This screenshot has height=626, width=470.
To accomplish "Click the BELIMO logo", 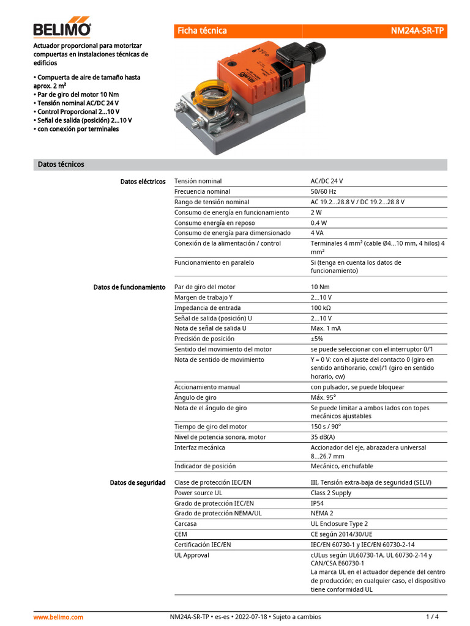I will pos(62,28).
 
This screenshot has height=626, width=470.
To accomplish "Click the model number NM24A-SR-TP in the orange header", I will pos(417,31).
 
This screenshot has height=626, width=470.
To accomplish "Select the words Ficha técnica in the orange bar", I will pos(202,31).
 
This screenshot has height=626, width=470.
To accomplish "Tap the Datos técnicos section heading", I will pos(61,164).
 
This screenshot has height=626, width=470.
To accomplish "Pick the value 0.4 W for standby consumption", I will pos(319,223).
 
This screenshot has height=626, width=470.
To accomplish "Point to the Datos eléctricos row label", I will pos(143,182).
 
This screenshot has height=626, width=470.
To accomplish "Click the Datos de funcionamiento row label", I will pos(129,287).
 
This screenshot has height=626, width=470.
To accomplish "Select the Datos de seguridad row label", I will pos(137,482).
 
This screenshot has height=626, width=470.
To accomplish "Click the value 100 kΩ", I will pos(321,307).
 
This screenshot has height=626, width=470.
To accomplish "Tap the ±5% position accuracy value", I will pos(316,339).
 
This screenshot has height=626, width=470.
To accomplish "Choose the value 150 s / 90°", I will pos(326,427).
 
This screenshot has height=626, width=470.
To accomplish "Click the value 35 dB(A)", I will pos(323,437).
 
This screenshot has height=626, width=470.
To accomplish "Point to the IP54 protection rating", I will pos(318,503).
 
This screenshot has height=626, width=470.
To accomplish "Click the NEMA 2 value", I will pos(322,514).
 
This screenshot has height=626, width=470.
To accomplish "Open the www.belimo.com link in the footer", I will pos(58,617).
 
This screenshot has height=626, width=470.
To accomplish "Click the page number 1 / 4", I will pos(432,617).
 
